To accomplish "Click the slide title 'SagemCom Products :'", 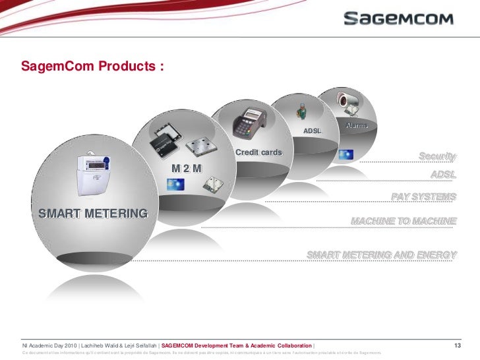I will click(92, 67).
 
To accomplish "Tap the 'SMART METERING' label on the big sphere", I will click(93, 213).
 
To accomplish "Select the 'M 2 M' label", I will click(187, 168).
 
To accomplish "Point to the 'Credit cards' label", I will click(258, 154).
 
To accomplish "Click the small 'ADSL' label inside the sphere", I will click(312, 131).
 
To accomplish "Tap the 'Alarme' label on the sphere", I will click(357, 126).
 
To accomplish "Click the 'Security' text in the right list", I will click(437, 156).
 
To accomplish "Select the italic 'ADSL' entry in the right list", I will click(443, 174).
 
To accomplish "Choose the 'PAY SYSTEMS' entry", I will click(423, 196).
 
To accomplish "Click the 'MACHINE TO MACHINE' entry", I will click(404, 220).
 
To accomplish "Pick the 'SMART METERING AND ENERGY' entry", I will click(382, 255).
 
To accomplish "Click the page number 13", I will click(460, 346).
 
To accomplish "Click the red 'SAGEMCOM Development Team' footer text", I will click(237, 346).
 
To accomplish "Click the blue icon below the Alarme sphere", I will click(345, 155).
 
